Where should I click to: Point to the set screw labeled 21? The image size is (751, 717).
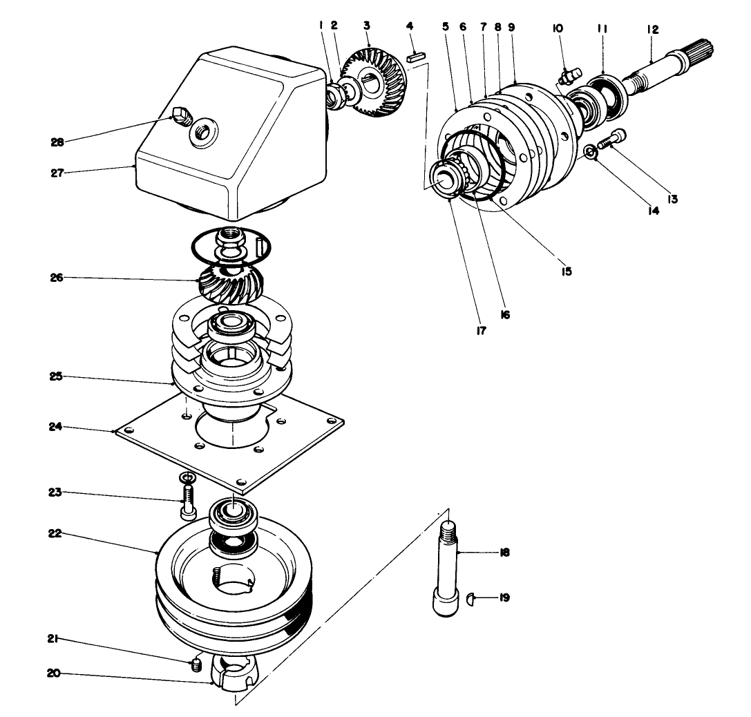(x=196, y=665)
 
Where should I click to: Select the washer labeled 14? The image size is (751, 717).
(x=589, y=152)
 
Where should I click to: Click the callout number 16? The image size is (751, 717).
(x=505, y=315)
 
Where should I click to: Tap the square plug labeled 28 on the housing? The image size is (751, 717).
(x=180, y=114)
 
